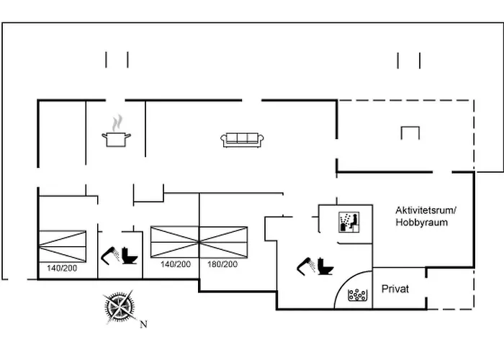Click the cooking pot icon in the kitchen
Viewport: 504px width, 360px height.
[117, 138]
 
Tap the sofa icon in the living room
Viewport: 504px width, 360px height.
[243, 140]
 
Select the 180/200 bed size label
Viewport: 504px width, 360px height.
[222, 265]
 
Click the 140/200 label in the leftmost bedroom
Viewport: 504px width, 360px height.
[62, 268]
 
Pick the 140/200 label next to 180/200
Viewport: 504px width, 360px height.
[176, 265]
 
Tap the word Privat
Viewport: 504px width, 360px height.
[395, 289]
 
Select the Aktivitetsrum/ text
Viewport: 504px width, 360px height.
[426, 210]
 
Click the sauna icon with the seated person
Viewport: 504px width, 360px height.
[348, 221]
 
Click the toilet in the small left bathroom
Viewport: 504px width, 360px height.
[130, 257]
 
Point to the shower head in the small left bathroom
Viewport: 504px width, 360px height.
[109, 253]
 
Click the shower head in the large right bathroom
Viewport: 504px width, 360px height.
[304, 264]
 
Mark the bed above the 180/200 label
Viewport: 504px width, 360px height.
[223, 241]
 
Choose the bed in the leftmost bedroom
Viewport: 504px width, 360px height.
[62, 246]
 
